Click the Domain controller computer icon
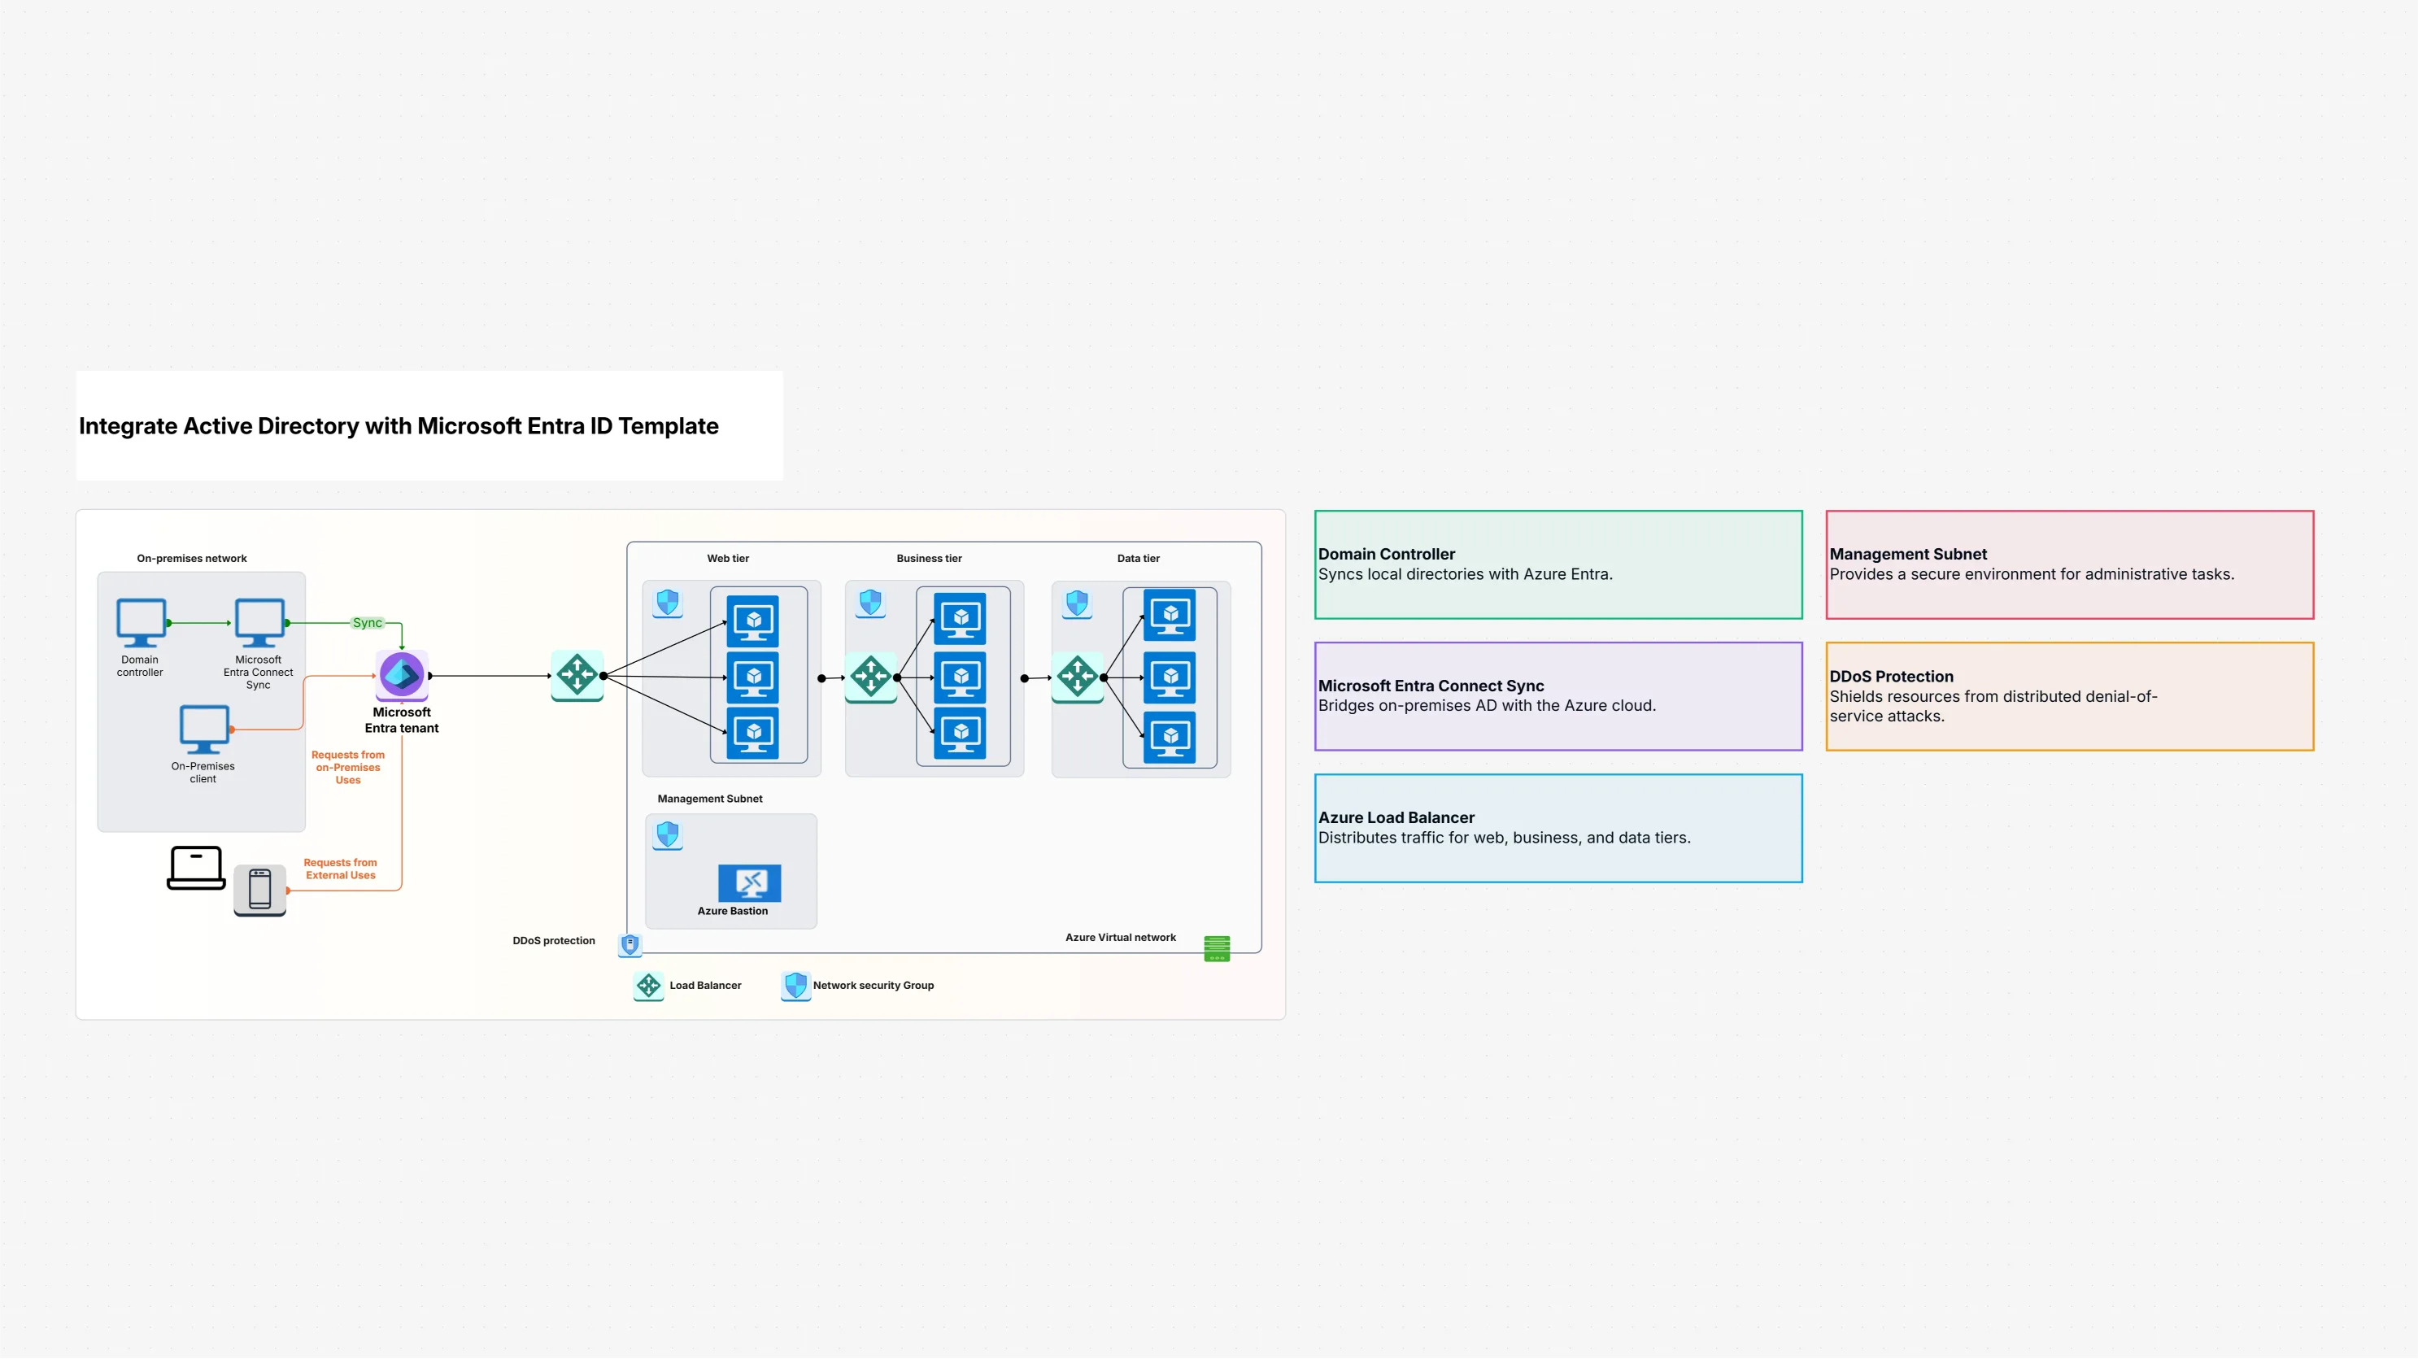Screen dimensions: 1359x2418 point(141,622)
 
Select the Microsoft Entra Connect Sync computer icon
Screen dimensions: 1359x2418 point(259,622)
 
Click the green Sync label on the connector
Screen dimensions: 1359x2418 point(367,623)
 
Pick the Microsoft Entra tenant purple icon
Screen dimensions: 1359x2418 point(402,675)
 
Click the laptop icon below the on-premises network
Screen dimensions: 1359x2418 point(196,867)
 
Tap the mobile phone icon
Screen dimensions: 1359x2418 point(260,889)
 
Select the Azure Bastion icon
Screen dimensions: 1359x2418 point(749,882)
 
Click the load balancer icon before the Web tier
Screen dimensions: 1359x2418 point(577,675)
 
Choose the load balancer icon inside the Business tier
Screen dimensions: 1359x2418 point(871,677)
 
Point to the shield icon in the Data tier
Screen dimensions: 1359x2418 point(1077,603)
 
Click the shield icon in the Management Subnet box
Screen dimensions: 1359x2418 point(668,834)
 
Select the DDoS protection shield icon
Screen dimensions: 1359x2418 point(630,944)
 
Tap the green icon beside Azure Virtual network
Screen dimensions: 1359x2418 point(1217,948)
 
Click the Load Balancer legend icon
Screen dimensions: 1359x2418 point(648,986)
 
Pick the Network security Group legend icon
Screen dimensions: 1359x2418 point(795,986)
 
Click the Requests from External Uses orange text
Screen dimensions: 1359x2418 point(340,869)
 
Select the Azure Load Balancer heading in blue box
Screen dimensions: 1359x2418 point(1396,817)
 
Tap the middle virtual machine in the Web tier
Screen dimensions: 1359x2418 point(753,677)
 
